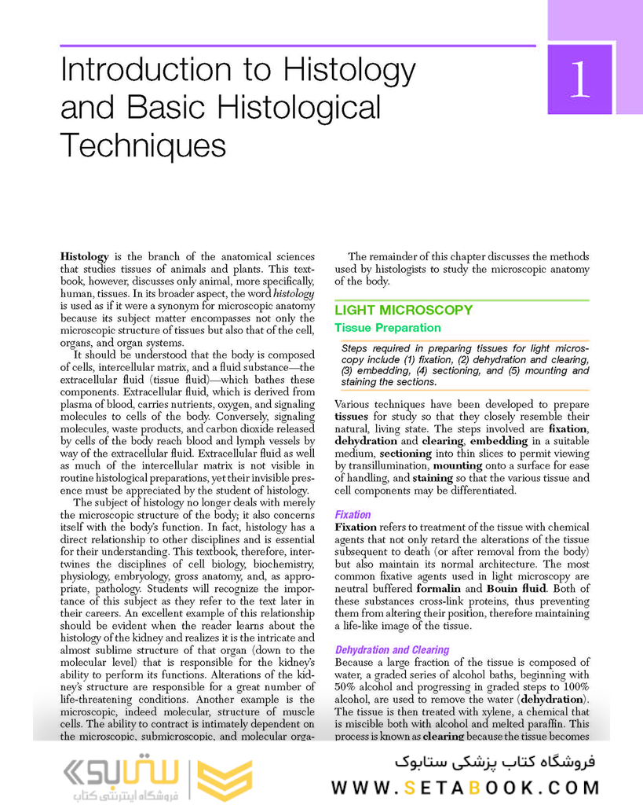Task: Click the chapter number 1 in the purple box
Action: tap(579, 80)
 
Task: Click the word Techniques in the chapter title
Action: tap(143, 145)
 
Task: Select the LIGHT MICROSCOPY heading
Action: tap(404, 310)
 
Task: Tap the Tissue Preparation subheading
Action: tap(387, 328)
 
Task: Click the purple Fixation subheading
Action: tap(353, 515)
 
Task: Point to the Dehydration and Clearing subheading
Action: tap(392, 650)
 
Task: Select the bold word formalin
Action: tap(438, 588)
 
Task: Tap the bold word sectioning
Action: tap(406, 454)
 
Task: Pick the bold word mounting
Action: tap(458, 465)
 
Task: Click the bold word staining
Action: tap(433, 478)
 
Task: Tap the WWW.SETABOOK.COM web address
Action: tap(465, 788)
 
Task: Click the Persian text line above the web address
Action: tap(495, 762)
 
